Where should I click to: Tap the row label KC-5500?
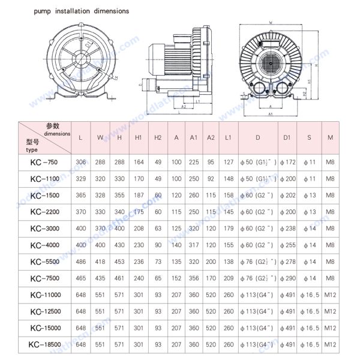44,262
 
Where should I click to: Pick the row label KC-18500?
44,344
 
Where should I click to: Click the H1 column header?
138,137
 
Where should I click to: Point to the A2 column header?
211,137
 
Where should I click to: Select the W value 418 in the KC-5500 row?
100,262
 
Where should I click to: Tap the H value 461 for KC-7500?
119,278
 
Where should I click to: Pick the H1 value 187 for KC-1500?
138,195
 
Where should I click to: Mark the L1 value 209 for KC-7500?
229,278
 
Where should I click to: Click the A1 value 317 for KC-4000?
193,245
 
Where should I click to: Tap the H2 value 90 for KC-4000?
158,245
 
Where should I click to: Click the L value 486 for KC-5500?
80,262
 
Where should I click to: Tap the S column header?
309,137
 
